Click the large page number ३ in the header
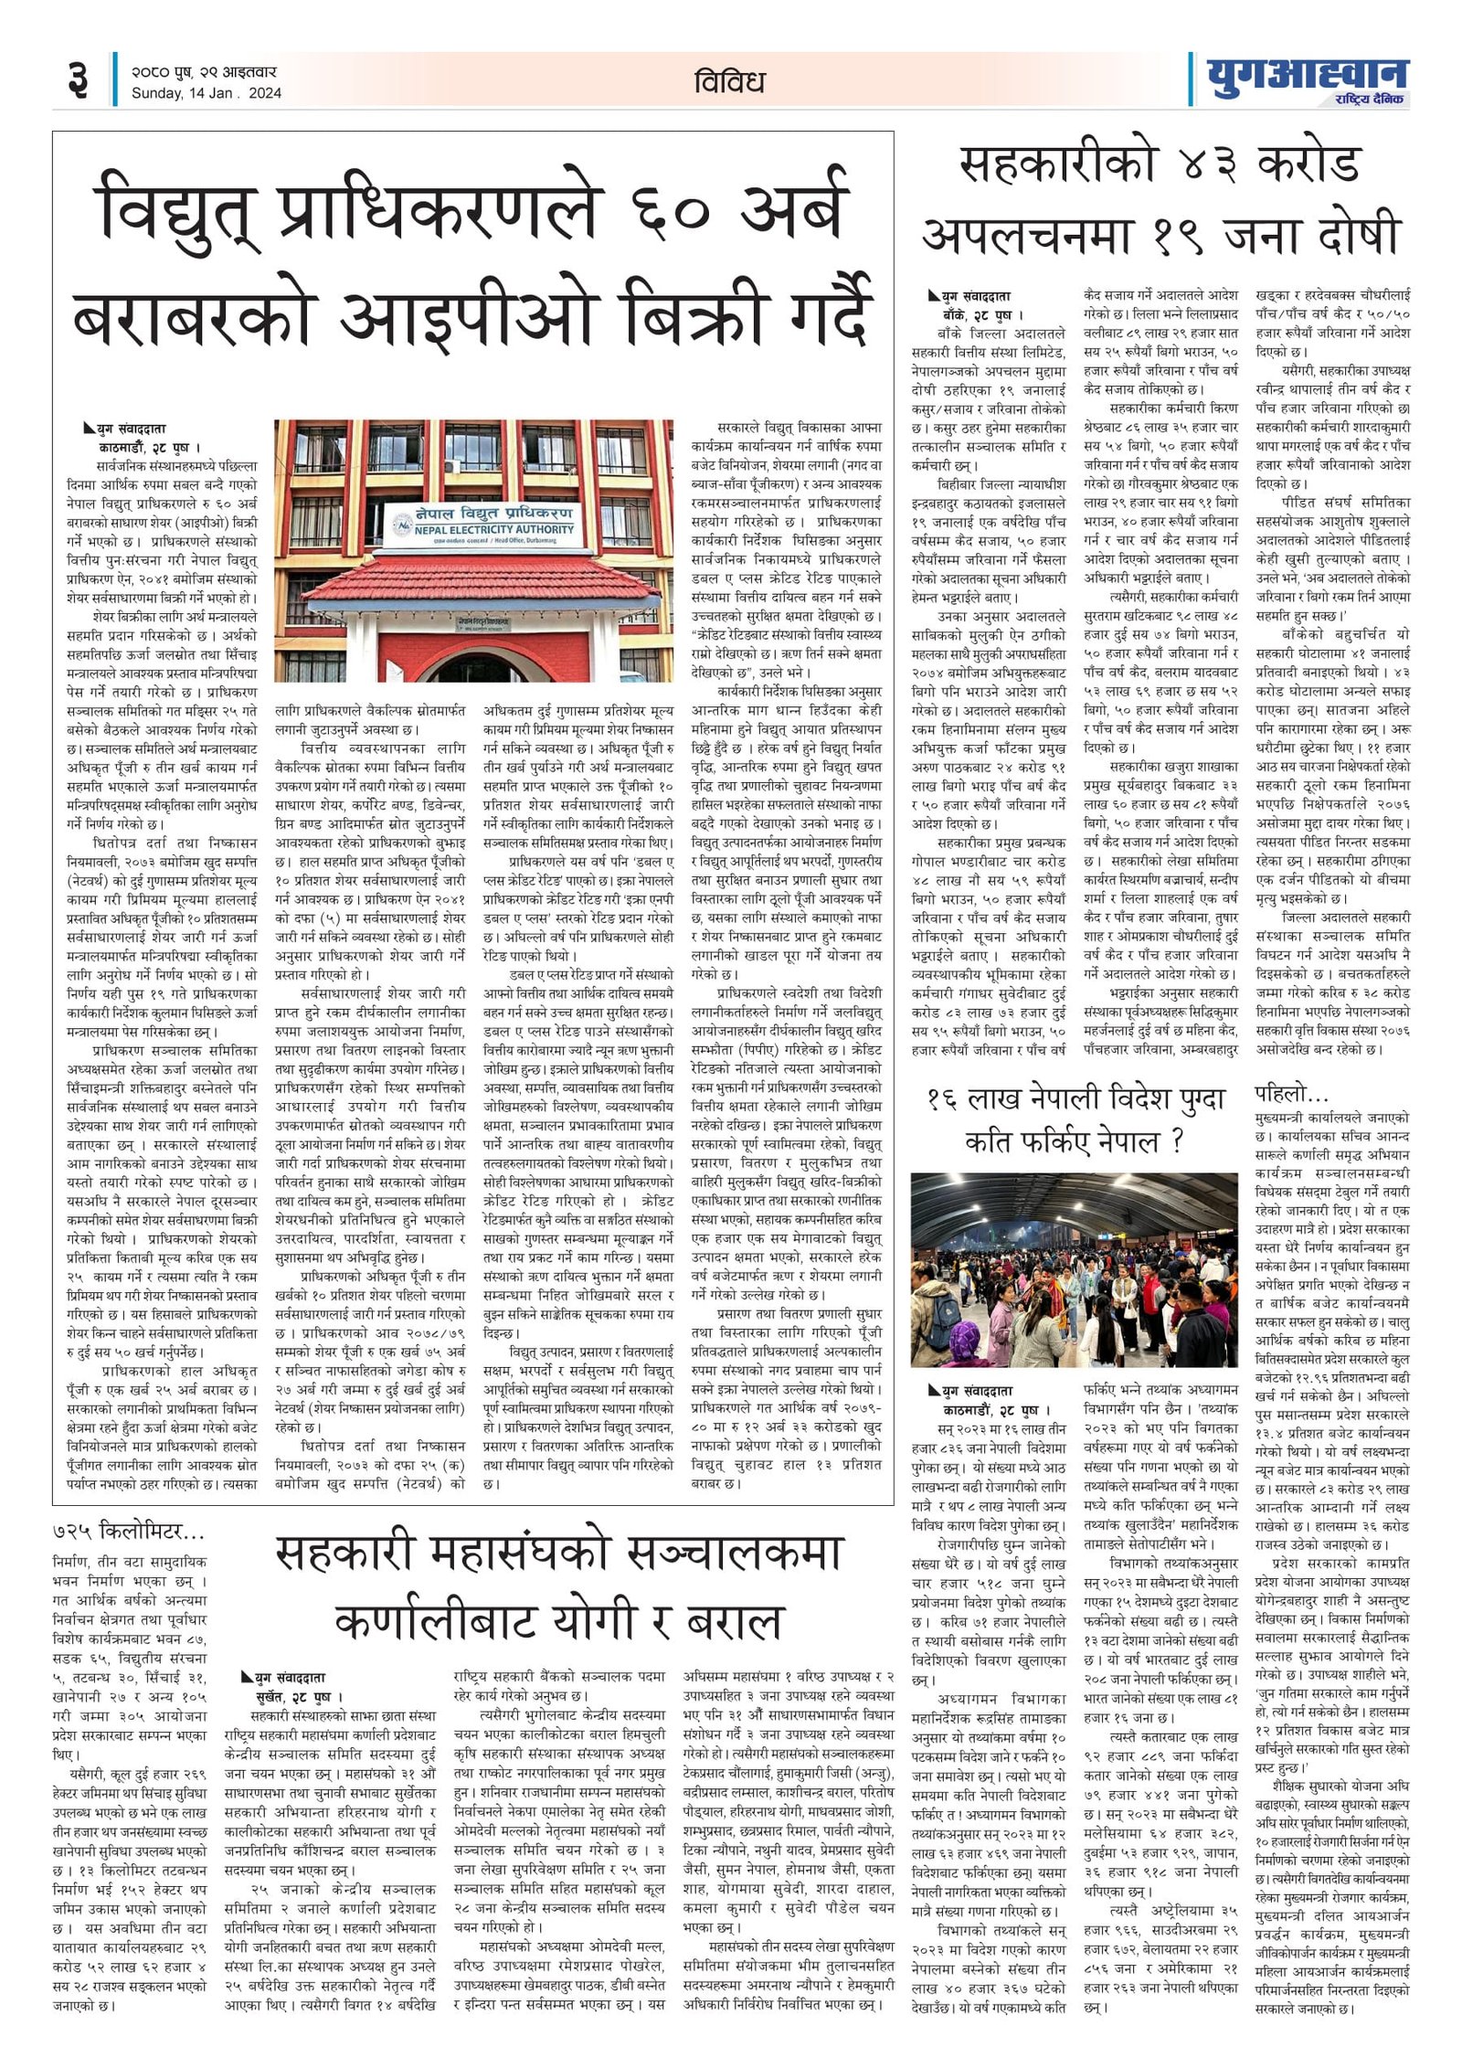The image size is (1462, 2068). (x=78, y=80)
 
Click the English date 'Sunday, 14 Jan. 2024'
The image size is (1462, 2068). (x=207, y=93)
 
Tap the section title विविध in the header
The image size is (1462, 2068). (x=728, y=82)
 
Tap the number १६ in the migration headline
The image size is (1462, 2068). (x=947, y=1099)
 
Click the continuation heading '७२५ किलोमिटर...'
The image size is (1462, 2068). (x=128, y=1530)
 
